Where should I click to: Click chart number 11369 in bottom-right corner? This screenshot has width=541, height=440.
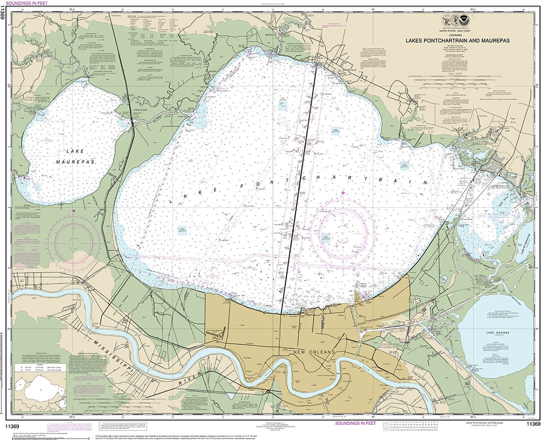[x=532, y=424]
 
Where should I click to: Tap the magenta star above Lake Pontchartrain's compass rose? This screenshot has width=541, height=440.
[x=343, y=192]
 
